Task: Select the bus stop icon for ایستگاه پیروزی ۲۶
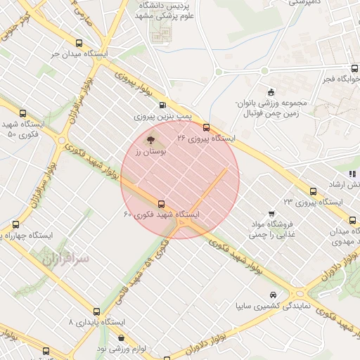[x=206, y=127]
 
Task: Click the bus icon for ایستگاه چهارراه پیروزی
[x=15, y=225]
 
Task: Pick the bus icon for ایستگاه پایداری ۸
[x=96, y=311]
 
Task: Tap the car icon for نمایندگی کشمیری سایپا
[x=272, y=295]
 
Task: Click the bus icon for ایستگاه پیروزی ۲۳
[x=313, y=191]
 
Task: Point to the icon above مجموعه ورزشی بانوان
[x=271, y=92]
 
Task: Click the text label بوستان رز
[x=152, y=151]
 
